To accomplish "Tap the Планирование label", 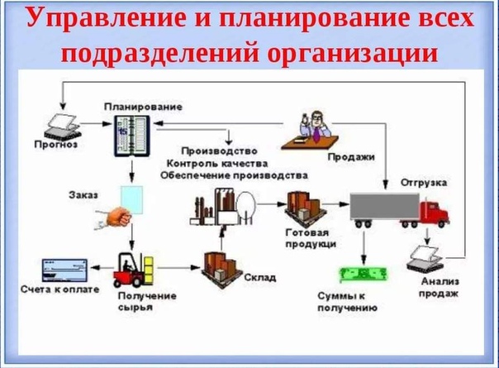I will click(143, 108).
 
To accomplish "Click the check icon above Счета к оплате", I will click(62, 270).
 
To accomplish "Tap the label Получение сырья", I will click(135, 302).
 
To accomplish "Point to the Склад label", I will click(259, 277).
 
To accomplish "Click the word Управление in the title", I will click(109, 21).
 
